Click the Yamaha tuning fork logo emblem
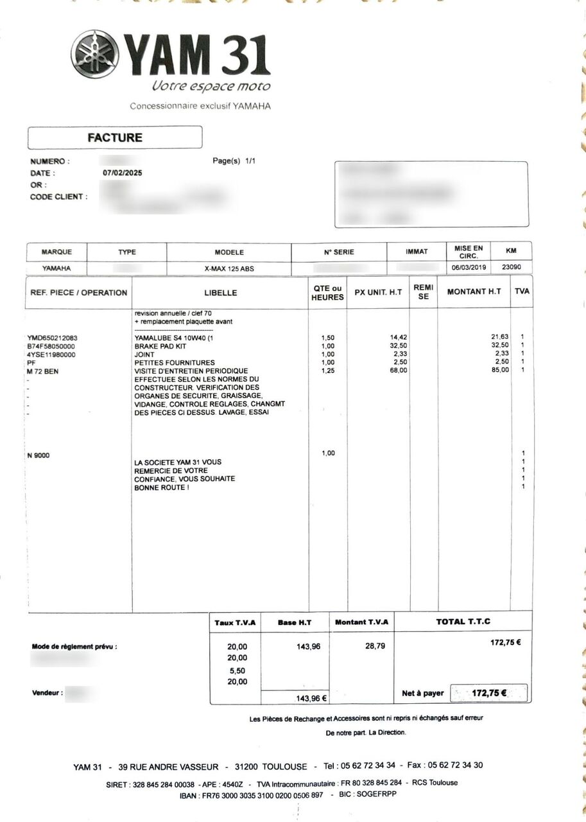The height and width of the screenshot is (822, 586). click(95, 54)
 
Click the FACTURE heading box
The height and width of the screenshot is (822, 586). click(115, 137)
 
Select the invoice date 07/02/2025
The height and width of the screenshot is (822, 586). click(123, 173)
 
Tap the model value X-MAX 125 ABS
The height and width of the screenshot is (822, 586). click(229, 268)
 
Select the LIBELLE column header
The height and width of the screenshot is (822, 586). click(221, 293)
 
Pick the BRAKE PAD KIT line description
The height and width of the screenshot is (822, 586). click(160, 345)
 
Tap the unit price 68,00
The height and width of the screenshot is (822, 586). click(398, 371)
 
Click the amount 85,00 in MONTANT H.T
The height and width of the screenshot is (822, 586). click(500, 371)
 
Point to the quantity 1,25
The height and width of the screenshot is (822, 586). click(327, 371)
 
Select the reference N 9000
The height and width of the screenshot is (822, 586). click(39, 455)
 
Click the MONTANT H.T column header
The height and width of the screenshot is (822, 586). click(474, 292)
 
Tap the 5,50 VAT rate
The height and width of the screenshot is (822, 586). click(237, 670)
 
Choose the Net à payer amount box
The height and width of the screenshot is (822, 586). click(489, 693)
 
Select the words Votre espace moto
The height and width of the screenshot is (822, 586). click(211, 86)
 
